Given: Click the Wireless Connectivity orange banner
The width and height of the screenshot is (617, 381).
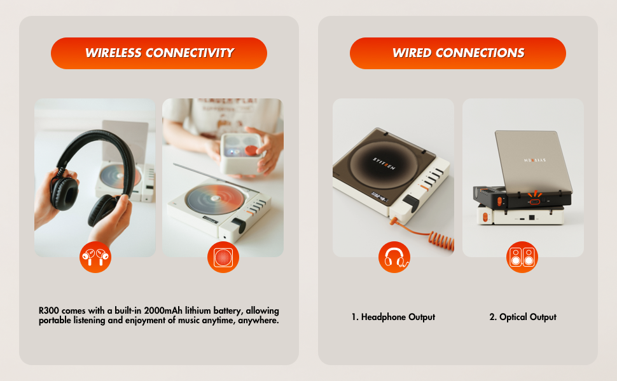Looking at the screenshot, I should [159, 53].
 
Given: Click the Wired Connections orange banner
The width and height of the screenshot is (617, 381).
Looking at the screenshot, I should [458, 53].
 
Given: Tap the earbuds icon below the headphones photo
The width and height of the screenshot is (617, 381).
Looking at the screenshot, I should [95, 257].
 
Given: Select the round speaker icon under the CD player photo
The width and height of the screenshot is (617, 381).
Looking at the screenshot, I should [223, 257].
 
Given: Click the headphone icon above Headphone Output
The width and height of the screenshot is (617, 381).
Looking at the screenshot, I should [394, 257].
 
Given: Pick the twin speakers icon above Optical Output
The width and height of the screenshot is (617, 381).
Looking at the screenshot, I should [522, 257].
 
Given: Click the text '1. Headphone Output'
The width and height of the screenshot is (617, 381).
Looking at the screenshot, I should [393, 317].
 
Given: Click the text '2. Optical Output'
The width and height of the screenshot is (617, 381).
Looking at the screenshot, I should [523, 317].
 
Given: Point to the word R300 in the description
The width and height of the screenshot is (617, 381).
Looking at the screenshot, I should [49, 311].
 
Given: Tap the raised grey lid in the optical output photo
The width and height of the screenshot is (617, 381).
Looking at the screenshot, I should [533, 159].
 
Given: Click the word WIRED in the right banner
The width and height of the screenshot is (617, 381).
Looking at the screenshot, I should [413, 53].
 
